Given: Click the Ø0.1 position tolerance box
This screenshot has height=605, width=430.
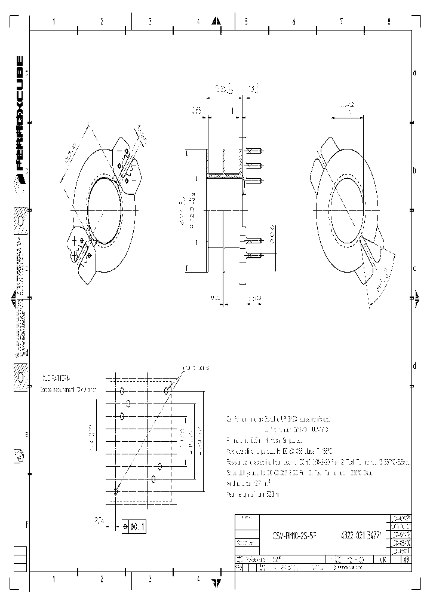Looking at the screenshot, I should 134,527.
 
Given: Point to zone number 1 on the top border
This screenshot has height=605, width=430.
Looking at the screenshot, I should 54,22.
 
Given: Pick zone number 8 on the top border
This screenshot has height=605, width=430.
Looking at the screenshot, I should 389,22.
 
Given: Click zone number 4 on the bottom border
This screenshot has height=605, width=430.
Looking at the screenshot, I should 198,579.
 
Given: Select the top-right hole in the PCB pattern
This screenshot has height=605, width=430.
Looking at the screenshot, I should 168,390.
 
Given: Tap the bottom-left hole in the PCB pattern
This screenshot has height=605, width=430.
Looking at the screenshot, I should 115,491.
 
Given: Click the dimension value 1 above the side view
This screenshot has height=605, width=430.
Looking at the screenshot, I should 232,111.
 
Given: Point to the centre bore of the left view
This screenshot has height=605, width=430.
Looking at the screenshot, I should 105,210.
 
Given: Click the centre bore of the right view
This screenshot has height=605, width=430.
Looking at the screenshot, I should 345,210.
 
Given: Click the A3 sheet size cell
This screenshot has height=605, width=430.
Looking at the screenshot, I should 406,560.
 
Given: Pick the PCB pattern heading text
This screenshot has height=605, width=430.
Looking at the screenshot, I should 57,378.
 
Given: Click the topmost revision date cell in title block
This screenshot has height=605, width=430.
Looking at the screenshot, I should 400,519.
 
